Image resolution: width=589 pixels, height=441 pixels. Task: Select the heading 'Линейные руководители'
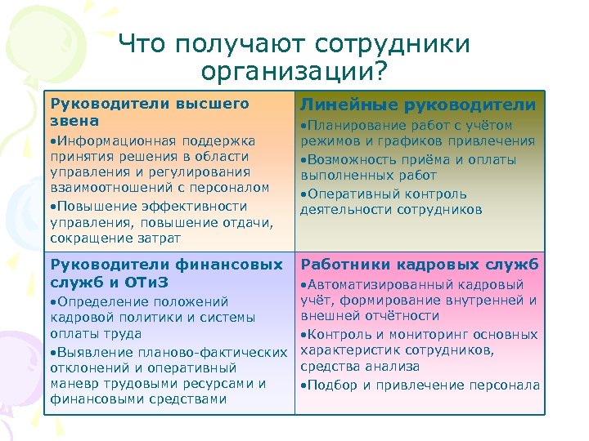click(x=418, y=105)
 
